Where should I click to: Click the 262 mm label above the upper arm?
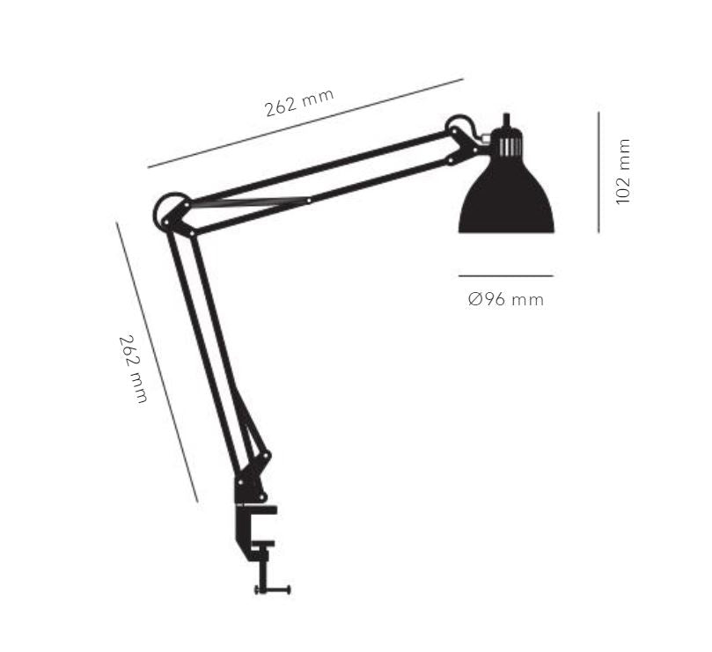(299, 103)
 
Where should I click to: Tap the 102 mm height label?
(624, 172)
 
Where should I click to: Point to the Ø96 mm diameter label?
(506, 300)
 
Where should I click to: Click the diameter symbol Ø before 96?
(474, 300)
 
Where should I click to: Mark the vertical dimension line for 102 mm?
(598, 172)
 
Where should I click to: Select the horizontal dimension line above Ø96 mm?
(506, 276)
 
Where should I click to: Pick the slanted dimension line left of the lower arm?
(157, 361)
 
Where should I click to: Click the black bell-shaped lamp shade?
(506, 202)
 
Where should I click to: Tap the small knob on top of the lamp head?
(506, 120)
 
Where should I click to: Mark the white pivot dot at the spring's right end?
(308, 201)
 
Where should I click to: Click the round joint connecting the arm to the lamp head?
(459, 127)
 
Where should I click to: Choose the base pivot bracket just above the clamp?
(247, 487)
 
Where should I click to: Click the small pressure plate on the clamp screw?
(263, 553)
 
